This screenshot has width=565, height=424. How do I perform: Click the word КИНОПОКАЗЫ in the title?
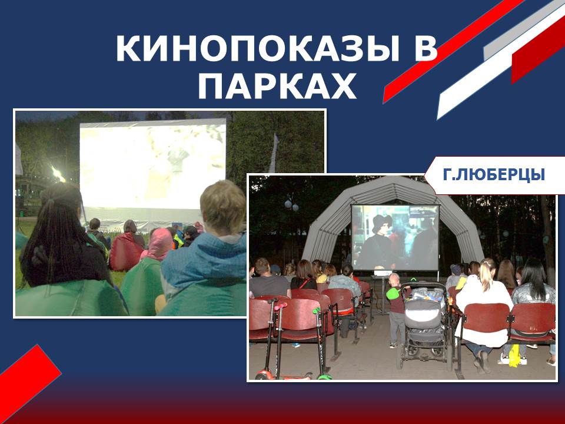(x=258, y=49)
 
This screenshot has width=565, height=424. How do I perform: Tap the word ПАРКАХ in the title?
(x=277, y=86)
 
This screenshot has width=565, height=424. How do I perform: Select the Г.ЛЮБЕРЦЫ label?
(x=494, y=175)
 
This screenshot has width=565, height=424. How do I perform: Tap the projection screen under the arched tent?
(x=395, y=237)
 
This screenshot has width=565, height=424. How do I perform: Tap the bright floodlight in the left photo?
(x=58, y=174)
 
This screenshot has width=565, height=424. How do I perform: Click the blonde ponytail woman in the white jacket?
(x=484, y=306)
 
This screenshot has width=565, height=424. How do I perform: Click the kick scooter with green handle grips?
(x=321, y=343)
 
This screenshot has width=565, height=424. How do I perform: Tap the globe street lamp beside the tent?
(x=291, y=206)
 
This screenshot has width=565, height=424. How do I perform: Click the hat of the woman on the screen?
(x=381, y=223)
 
